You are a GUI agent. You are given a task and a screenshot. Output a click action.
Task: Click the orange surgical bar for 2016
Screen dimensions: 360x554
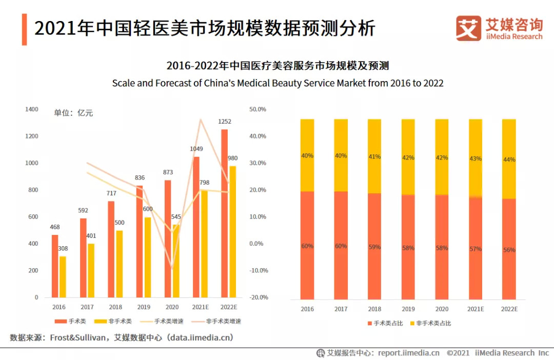click(55, 266)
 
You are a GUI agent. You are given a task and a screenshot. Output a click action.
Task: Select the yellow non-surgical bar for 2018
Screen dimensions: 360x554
click(120, 264)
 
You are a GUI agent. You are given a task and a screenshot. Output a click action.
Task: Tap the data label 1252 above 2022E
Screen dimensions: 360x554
click(225, 122)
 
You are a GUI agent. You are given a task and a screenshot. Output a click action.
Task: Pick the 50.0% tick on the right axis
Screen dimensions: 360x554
click(258, 109)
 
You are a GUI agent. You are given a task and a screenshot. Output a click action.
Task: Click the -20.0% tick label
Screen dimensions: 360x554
click(258, 297)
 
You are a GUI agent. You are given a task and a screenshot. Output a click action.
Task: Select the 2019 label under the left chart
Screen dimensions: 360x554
click(144, 307)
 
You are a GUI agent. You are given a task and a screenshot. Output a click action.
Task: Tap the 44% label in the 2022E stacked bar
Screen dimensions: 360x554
click(509, 159)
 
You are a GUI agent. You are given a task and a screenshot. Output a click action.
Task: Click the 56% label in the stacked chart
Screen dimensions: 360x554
click(509, 250)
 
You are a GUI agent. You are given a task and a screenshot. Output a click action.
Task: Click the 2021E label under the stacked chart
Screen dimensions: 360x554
click(476, 309)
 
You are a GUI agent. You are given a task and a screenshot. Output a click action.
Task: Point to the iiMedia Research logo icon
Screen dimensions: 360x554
click(468, 28)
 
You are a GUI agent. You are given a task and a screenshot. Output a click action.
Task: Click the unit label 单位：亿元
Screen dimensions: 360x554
click(73, 113)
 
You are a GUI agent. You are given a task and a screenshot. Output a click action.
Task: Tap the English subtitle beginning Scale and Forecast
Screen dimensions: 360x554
click(278, 83)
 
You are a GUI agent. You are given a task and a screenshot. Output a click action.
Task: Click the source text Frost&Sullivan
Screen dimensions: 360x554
click(80, 337)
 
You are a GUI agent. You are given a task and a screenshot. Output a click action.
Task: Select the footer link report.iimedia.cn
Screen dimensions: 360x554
click(409, 353)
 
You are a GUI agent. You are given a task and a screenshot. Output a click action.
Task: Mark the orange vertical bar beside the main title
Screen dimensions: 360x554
click(24, 29)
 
